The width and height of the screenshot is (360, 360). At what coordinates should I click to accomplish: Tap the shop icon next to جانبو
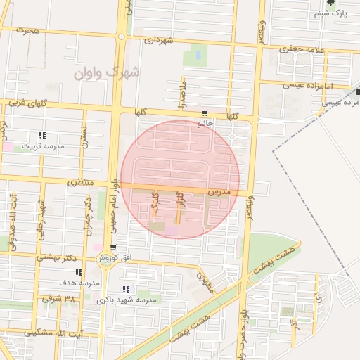[x=204, y=112]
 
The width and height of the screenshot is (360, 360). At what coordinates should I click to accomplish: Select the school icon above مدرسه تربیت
[x=42, y=136]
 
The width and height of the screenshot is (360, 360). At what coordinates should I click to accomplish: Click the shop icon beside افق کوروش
[x=113, y=248]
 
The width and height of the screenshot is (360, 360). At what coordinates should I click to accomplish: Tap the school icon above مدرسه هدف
[x=79, y=272]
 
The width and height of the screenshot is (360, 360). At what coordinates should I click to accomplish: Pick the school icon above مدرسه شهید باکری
[x=126, y=289]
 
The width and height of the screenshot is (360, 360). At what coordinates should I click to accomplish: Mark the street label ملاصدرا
[x=182, y=92]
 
